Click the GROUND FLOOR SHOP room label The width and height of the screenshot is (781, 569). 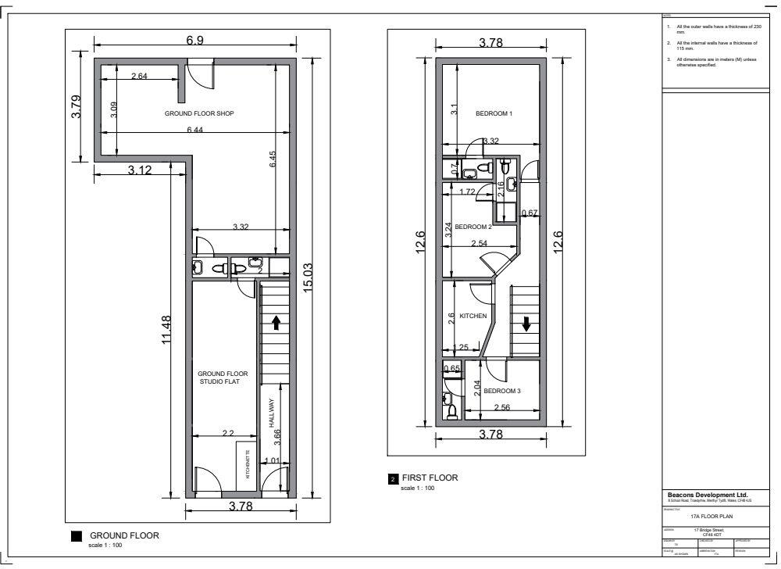tap(199, 113)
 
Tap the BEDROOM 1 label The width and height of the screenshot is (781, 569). tap(494, 113)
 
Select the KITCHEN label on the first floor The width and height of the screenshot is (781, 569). tap(473, 316)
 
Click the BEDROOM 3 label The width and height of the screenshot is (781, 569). tap(501, 391)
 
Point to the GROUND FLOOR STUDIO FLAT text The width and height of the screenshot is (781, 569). tap(223, 378)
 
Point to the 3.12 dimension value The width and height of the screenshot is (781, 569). tap(140, 170)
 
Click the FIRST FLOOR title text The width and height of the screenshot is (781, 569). tap(429, 478)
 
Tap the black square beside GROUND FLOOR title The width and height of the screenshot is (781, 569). tap(76, 536)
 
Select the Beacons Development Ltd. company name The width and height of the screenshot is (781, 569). tap(708, 495)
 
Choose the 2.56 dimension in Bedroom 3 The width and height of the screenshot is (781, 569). tap(501, 407)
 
